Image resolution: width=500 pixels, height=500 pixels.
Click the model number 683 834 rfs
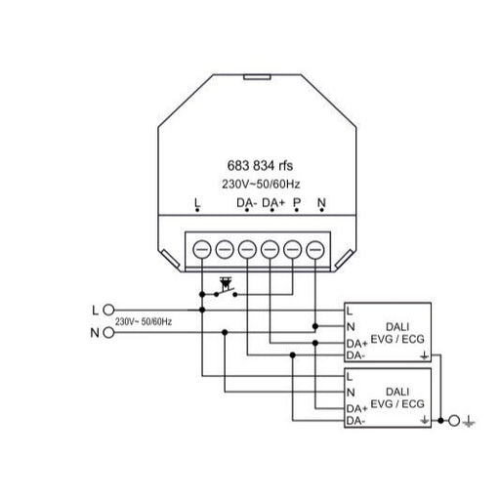[260, 165]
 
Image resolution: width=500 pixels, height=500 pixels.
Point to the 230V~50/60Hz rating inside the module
[261, 185]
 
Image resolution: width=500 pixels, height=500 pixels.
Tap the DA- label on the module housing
[247, 203]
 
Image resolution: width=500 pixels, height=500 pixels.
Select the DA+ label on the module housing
[273, 203]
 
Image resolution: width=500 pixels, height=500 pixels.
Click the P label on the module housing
[297, 203]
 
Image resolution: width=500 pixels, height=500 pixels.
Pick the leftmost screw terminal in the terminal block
[202, 250]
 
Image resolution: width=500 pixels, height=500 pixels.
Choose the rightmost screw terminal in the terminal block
[315, 250]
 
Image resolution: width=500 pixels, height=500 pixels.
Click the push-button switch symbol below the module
[226, 289]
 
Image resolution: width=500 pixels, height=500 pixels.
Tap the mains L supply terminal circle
[108, 310]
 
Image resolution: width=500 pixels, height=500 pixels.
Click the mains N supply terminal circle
[108, 333]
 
